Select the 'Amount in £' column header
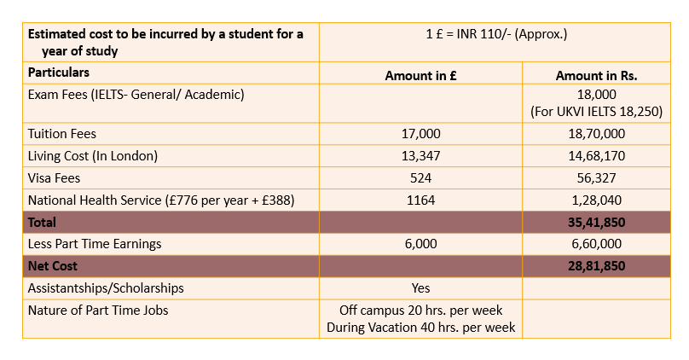pyautogui.click(x=420, y=76)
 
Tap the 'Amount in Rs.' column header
pyautogui.click(x=596, y=76)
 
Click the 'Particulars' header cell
pyautogui.click(x=59, y=73)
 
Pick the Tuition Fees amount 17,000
pyautogui.click(x=420, y=134)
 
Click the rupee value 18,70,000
pyautogui.click(x=596, y=134)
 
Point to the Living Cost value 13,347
pyautogui.click(x=420, y=155)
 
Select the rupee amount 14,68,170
pyautogui.click(x=596, y=155)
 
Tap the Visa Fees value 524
pyautogui.click(x=420, y=178)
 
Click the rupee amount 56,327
pyautogui.click(x=596, y=178)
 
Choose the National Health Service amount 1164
pyautogui.click(x=420, y=200)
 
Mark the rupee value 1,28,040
pyautogui.click(x=596, y=200)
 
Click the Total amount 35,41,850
pyautogui.click(x=596, y=222)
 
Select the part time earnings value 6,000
pyautogui.click(x=420, y=243)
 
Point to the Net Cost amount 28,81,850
pyautogui.click(x=596, y=266)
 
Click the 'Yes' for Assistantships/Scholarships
pyautogui.click(x=420, y=287)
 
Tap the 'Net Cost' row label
pyautogui.click(x=52, y=266)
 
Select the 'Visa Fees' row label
pyautogui.click(x=54, y=178)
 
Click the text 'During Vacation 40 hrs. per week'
pyautogui.click(x=420, y=328)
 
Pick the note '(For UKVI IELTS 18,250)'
pyautogui.click(x=596, y=112)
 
